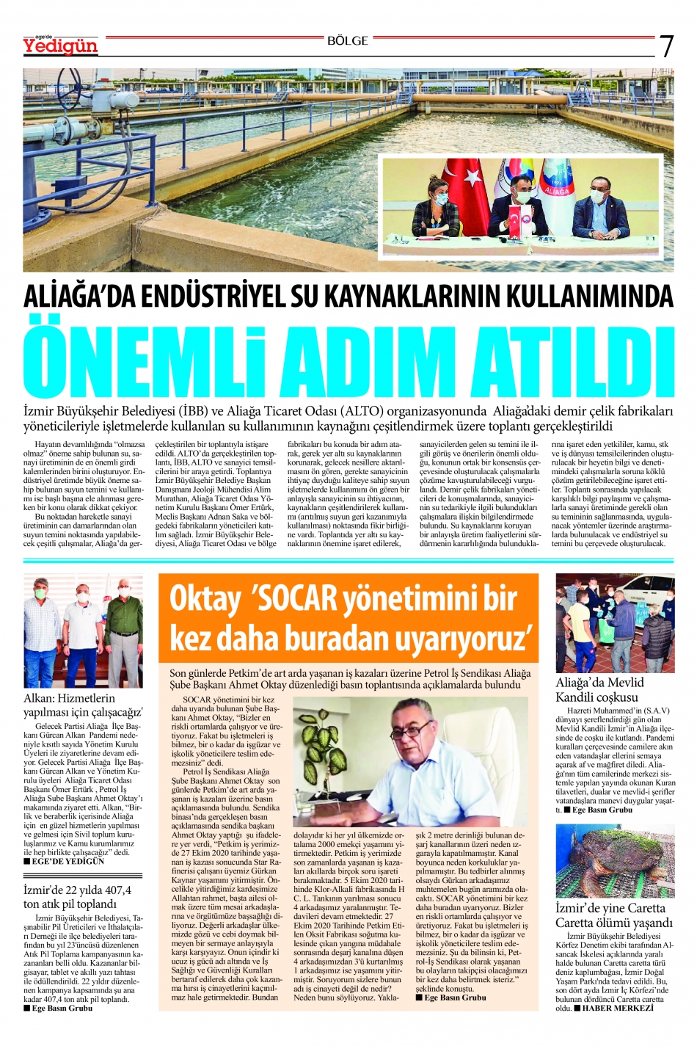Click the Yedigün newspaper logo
tap(60, 46)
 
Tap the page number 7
tap(666, 46)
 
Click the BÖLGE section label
tap(348, 42)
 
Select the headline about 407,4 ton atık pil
tap(77, 896)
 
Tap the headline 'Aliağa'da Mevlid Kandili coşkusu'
tap(597, 690)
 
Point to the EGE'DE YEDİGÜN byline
tap(67, 861)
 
